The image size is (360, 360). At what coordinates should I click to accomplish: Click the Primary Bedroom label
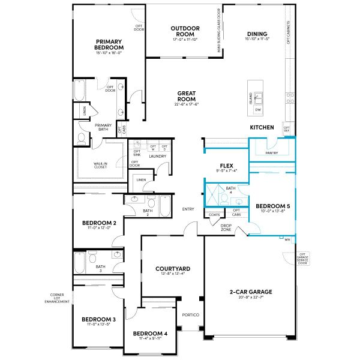point(109,44)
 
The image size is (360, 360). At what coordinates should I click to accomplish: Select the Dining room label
point(256,34)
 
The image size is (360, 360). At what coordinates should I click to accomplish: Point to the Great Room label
point(187,96)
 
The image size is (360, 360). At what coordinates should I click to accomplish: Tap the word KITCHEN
point(262,127)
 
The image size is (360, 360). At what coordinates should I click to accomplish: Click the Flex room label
point(226,166)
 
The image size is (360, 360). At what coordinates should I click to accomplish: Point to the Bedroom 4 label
point(150,334)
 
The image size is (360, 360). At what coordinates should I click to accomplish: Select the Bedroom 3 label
point(98,319)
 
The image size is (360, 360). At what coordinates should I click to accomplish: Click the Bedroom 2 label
point(99,222)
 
